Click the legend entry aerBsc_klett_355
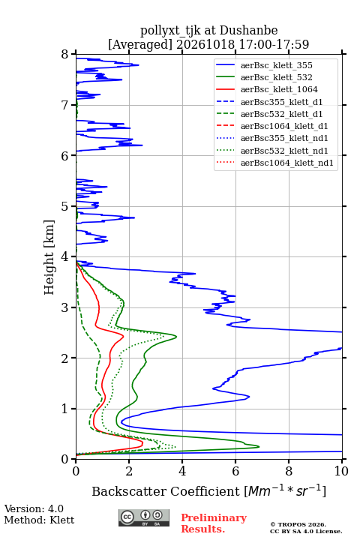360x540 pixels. click(x=276, y=65)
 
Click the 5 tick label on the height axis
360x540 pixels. click(x=65, y=207)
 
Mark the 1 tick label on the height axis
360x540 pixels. click(x=65, y=409)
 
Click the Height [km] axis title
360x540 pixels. click(x=49, y=257)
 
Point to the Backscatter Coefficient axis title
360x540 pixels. click(x=208, y=491)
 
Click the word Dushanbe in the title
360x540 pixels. click(x=248, y=31)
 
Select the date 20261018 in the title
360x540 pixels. click(x=206, y=45)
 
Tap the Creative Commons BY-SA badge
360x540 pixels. click(x=144, y=518)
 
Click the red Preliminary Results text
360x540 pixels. click(x=214, y=523)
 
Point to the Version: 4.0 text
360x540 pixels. click(x=34, y=509)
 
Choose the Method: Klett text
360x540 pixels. click(x=39, y=520)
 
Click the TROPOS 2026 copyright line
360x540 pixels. click(x=298, y=525)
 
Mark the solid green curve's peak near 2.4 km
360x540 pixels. click(x=176, y=337)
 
